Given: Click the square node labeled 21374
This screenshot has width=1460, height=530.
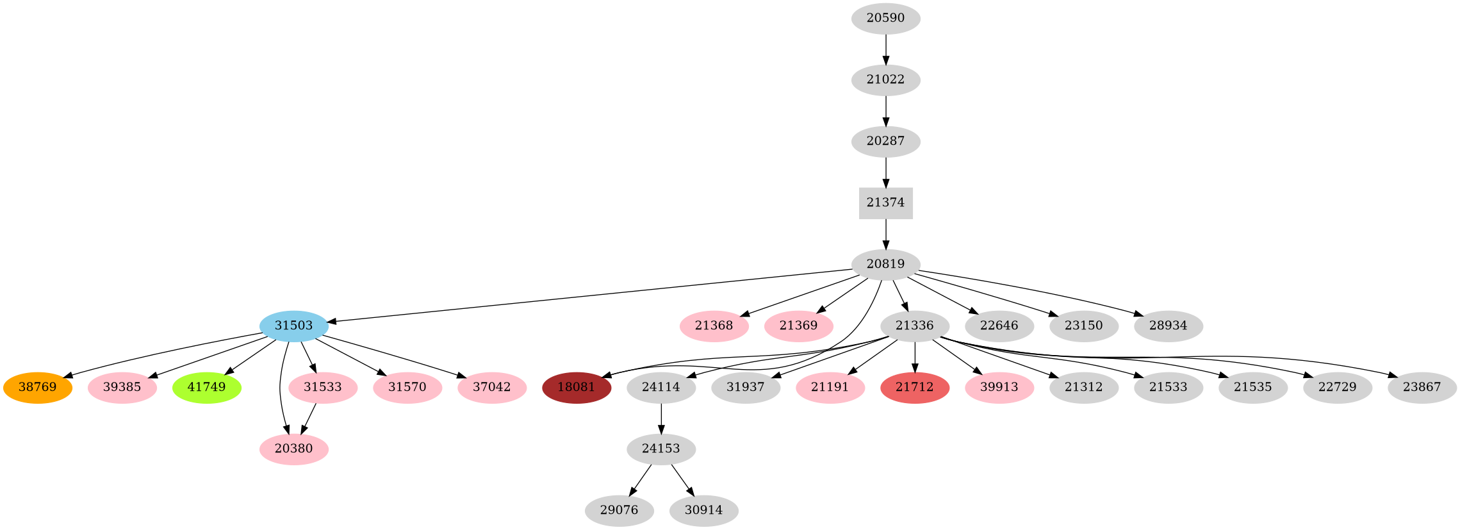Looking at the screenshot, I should [885, 203].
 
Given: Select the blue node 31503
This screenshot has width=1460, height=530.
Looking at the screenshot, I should [293, 326].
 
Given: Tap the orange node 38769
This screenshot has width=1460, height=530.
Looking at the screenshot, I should [37, 388].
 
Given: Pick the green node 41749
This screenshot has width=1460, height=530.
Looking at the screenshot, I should [206, 388].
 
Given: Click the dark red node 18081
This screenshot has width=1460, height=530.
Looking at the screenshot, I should [576, 388].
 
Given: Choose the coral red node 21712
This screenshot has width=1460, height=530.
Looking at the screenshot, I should [914, 388].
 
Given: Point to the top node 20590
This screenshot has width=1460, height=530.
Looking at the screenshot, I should [885, 19].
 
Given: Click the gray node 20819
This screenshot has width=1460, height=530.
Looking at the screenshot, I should [885, 264].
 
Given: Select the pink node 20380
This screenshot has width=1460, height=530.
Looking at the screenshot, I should [293, 449].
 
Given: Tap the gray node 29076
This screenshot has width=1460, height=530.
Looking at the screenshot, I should [619, 511].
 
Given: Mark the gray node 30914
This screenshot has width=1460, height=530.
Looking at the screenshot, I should [703, 511].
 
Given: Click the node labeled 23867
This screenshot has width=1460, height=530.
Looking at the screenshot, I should [1422, 388].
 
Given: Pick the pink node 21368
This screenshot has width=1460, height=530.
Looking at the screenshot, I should [714, 326].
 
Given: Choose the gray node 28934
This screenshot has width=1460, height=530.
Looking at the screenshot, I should [1168, 326].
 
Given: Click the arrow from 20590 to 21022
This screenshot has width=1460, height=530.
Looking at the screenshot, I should [885, 49].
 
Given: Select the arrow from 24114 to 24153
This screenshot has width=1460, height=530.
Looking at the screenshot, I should [660, 418].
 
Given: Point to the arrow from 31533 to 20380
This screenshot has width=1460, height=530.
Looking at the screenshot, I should [309, 418].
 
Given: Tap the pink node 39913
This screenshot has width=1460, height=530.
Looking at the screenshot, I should [999, 388].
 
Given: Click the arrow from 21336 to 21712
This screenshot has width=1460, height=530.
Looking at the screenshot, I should [914, 356].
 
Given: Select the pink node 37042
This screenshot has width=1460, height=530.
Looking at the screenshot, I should [491, 388].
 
